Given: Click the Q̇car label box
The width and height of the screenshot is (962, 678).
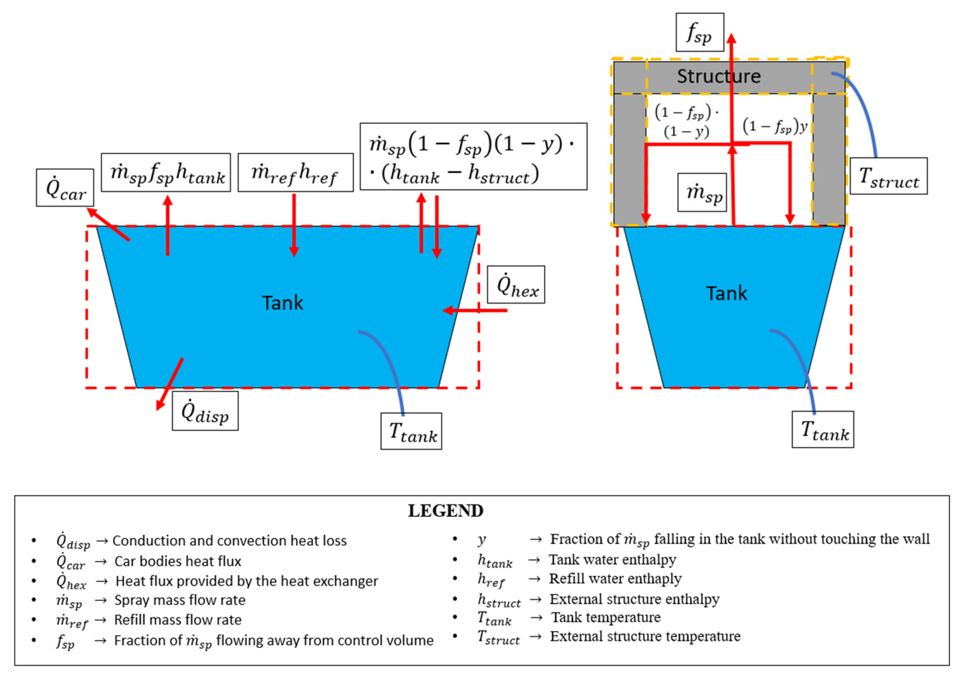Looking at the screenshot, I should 65,188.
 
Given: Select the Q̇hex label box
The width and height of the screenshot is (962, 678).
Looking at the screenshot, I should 516,284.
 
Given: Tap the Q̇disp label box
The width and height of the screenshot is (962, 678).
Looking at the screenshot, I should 205,411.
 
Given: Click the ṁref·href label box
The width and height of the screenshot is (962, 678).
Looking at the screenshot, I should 295,173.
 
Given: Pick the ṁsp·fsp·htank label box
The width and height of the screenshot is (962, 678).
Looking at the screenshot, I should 166,173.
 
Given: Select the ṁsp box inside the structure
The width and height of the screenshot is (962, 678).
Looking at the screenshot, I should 702,192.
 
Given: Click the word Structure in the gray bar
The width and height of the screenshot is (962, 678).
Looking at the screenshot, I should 719,76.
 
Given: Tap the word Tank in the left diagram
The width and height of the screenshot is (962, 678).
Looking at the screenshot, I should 283,302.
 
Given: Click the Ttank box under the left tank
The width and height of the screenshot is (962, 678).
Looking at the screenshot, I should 411,431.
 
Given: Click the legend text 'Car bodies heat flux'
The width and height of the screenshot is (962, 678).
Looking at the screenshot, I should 178,561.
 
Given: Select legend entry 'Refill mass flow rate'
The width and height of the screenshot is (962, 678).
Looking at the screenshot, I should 178,620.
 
